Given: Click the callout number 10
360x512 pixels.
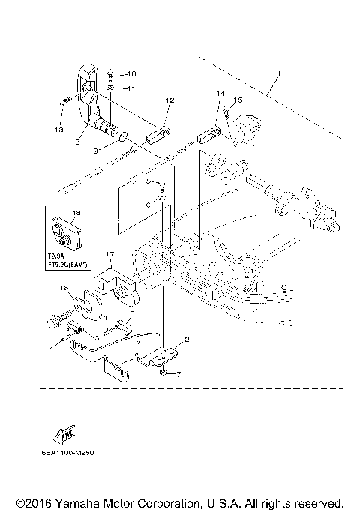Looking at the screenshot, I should (130, 74).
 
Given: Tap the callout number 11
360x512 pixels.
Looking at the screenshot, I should (130, 88).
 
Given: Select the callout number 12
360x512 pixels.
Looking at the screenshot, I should (169, 100).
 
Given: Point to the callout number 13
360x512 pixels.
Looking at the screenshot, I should (59, 130).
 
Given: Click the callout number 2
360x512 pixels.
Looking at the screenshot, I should (187, 340).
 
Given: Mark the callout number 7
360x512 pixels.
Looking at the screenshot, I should (178, 373).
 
